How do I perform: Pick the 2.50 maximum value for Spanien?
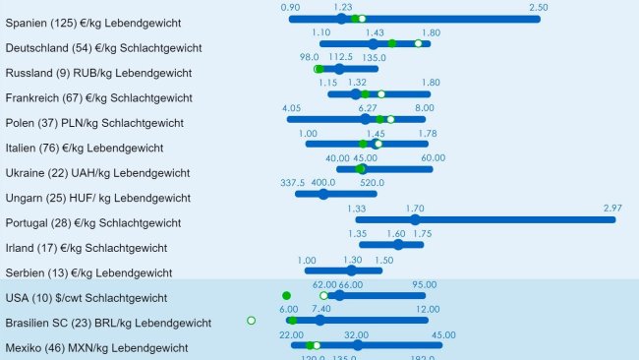point(538,8)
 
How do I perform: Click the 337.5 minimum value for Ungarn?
point(293,183)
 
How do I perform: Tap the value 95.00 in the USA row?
point(425,283)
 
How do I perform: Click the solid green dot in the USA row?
point(286,295)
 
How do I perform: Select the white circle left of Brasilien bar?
point(252,320)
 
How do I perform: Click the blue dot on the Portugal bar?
point(415,219)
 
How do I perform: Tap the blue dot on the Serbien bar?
point(352,270)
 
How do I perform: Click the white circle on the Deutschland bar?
point(418,43)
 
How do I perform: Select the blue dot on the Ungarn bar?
point(323,194)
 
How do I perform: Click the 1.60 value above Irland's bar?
point(396,234)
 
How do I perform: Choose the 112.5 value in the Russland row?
point(340,58)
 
